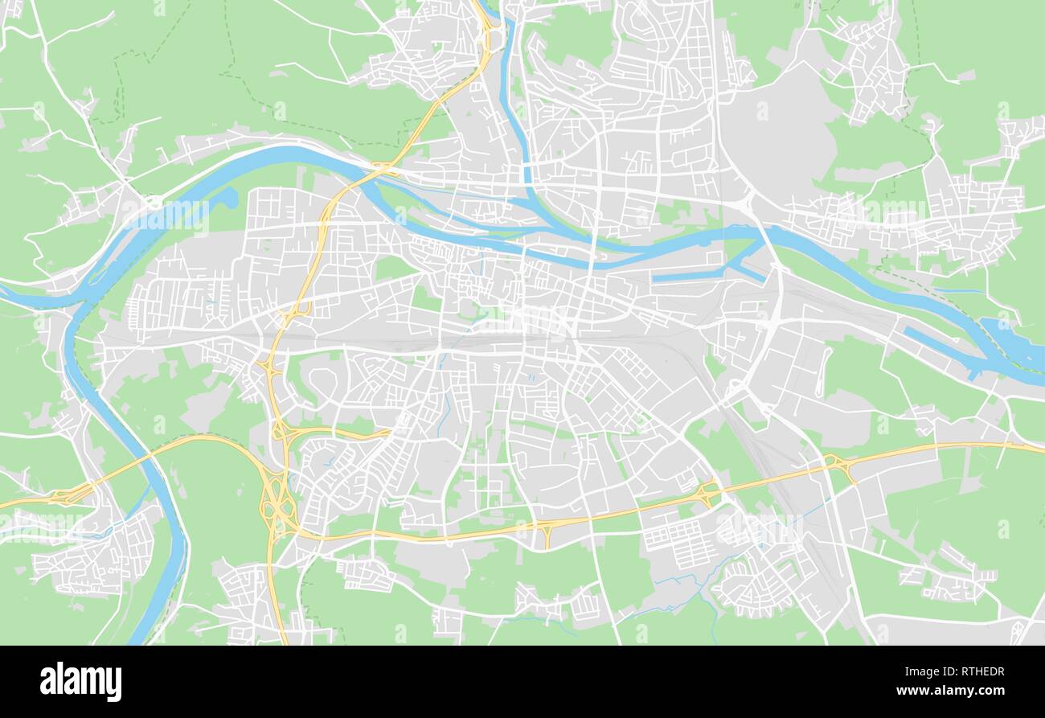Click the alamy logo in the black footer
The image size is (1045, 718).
[80, 682]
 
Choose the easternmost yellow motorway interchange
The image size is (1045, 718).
[840, 466]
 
